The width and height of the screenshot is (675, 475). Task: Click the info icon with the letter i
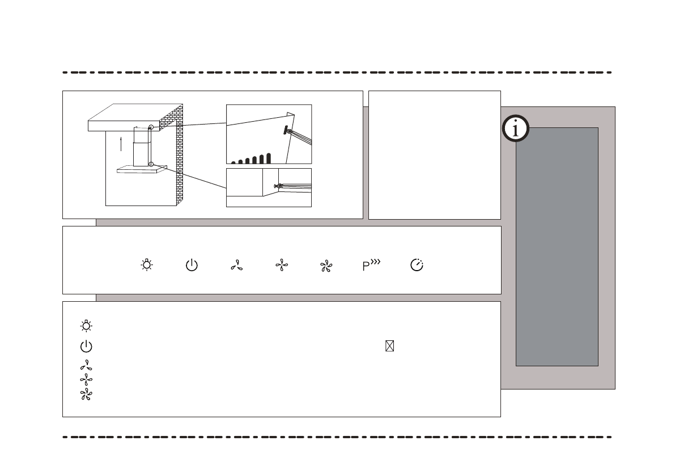tap(515, 130)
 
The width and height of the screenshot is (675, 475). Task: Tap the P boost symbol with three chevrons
tap(371, 266)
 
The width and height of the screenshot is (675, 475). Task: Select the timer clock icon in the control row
tap(417, 266)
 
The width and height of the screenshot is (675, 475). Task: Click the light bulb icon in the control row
tap(147, 265)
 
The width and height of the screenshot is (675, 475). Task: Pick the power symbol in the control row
tap(192, 266)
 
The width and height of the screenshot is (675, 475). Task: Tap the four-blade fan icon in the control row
tap(281, 266)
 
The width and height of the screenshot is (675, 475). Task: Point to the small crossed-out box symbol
tap(389, 346)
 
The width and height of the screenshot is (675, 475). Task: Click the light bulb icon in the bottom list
tap(87, 326)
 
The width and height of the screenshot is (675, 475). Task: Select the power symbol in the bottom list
tap(87, 346)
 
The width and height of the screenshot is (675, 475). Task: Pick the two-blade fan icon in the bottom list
tap(87, 366)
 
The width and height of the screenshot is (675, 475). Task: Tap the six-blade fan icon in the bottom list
tap(87, 395)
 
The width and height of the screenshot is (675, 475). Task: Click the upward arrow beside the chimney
tap(121, 143)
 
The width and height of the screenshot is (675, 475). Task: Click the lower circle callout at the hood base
tap(151, 165)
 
